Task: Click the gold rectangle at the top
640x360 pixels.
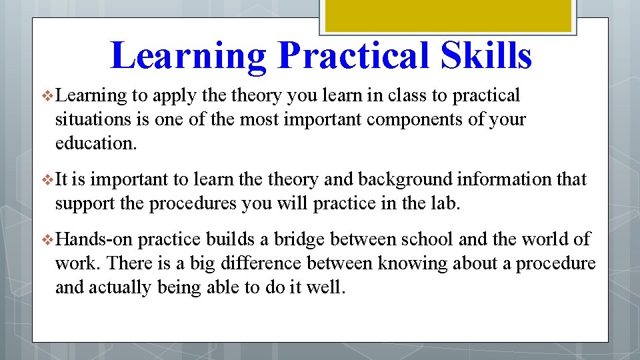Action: tap(447, 15)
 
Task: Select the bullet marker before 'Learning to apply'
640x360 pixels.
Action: tap(46, 96)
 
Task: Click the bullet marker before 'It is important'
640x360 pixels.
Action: tap(46, 180)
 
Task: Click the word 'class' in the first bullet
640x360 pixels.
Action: tap(407, 96)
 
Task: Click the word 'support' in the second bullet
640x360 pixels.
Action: tap(78, 203)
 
